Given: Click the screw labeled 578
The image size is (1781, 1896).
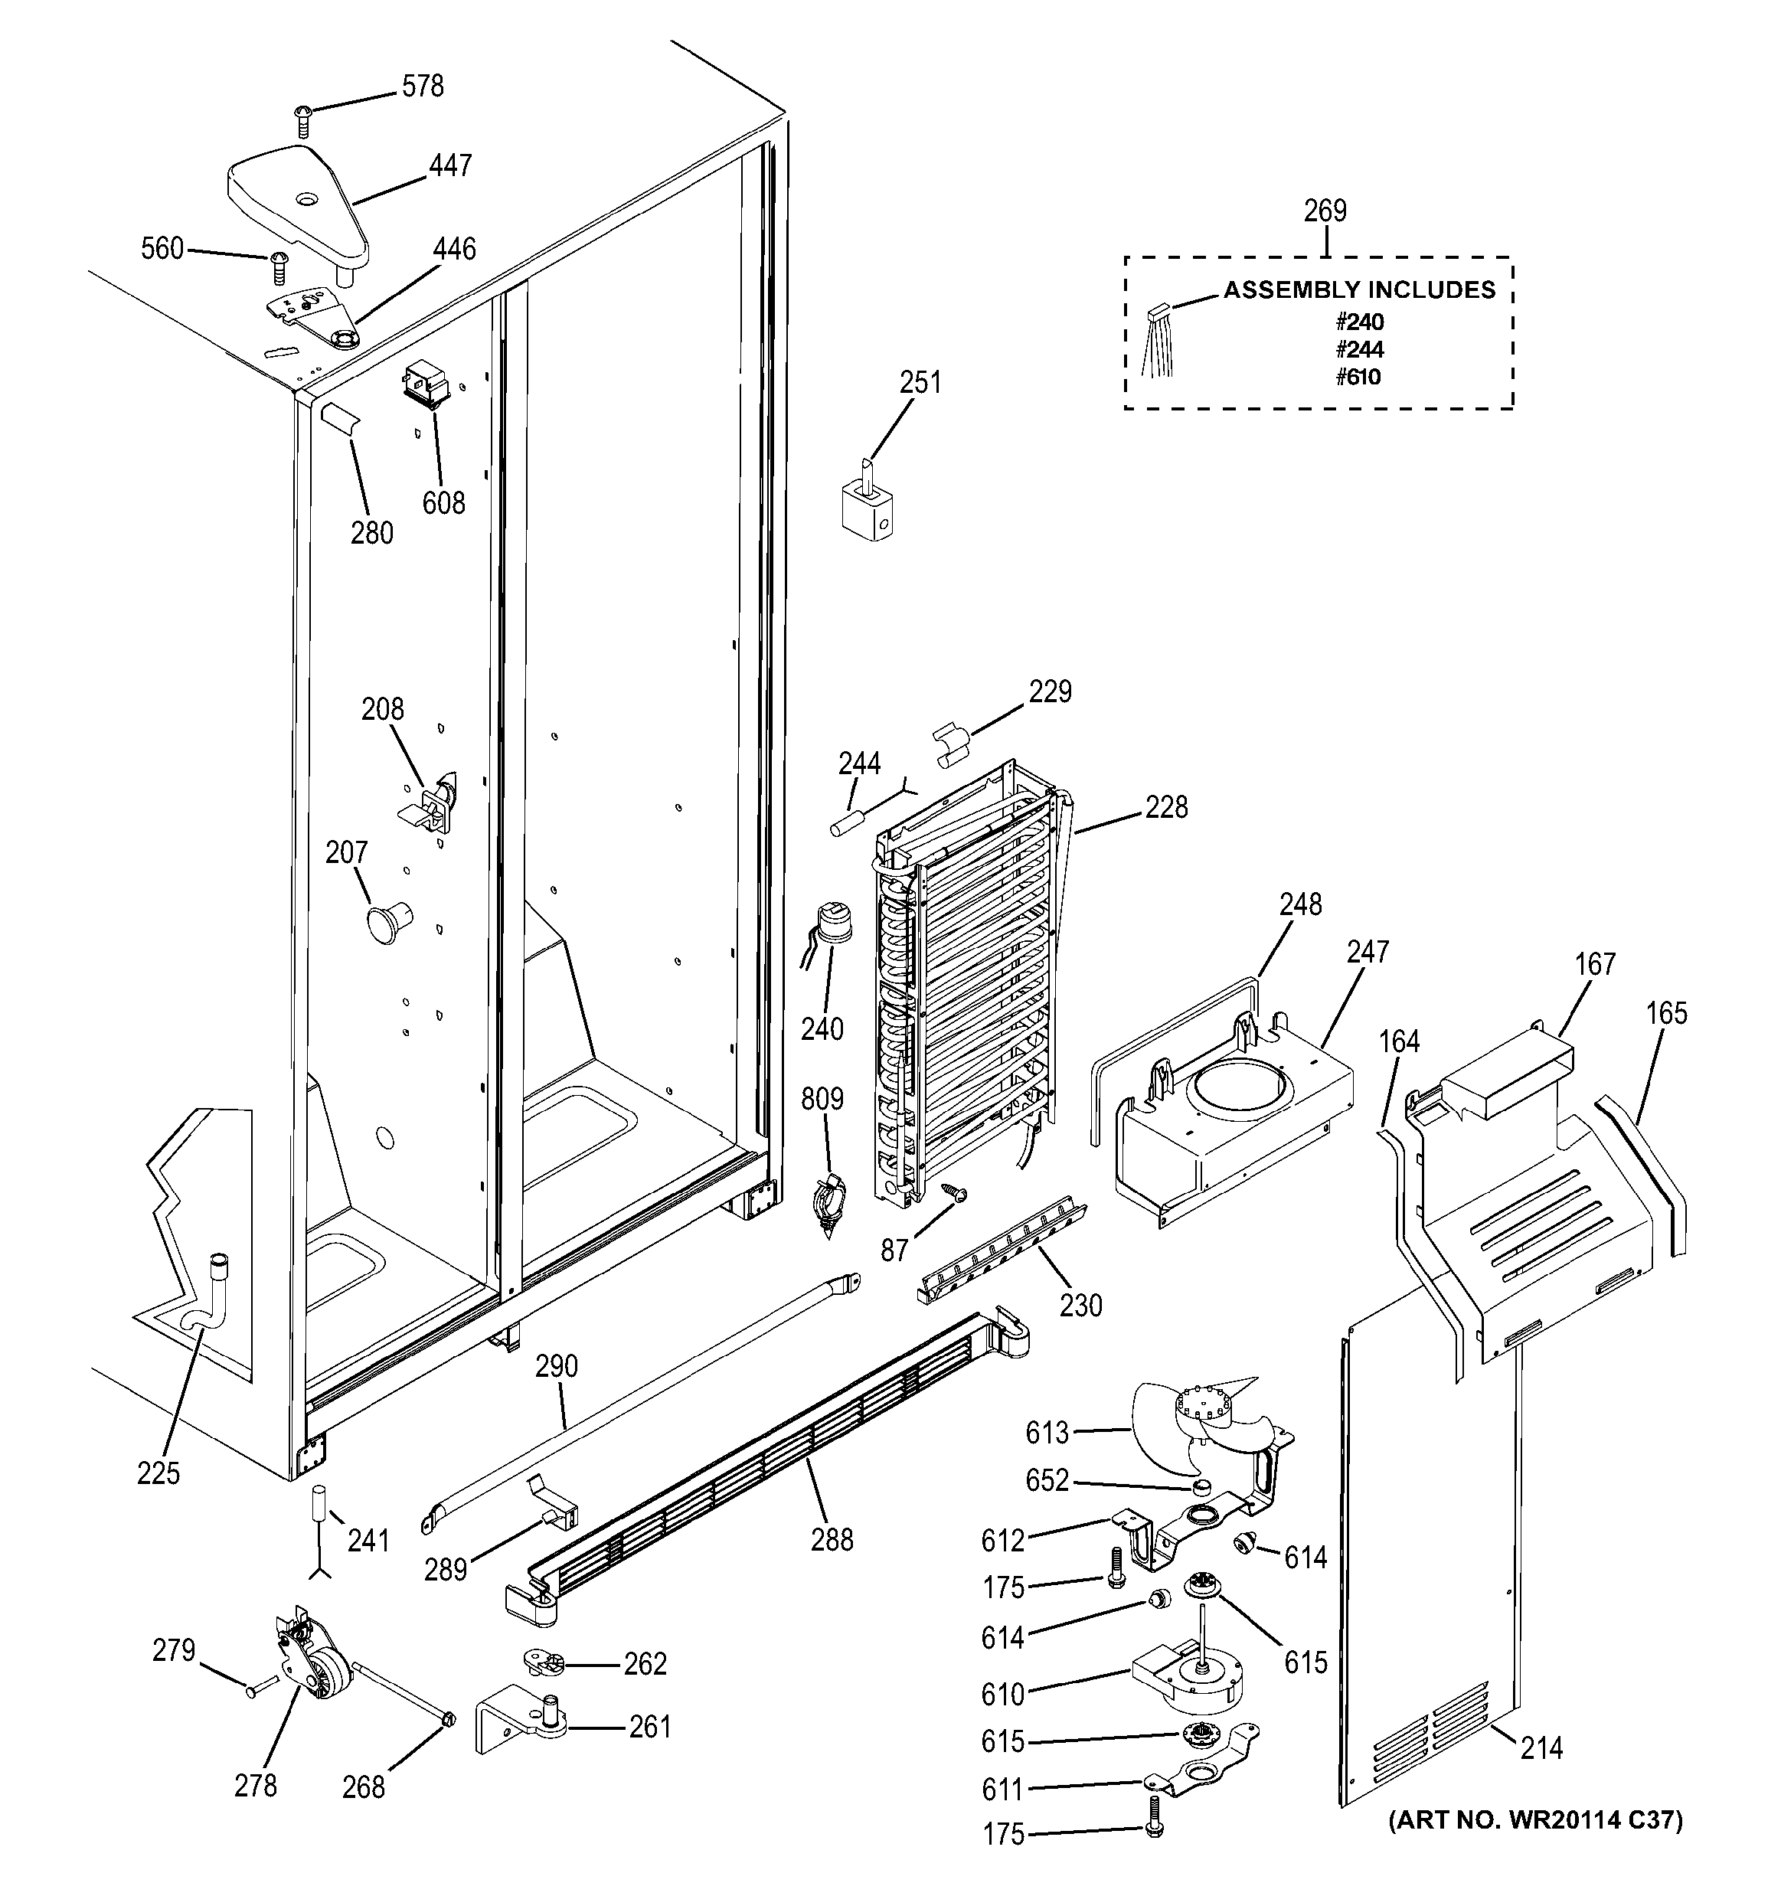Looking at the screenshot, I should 302,121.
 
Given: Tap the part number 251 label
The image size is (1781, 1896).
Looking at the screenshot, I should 920,382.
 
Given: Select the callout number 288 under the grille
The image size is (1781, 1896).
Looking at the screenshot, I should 832,1539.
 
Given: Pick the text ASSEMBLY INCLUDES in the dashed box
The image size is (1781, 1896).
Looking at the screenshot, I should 1358,290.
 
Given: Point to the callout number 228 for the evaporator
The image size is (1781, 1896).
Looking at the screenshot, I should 1166,808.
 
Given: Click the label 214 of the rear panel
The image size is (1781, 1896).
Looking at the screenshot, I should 1541,1747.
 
